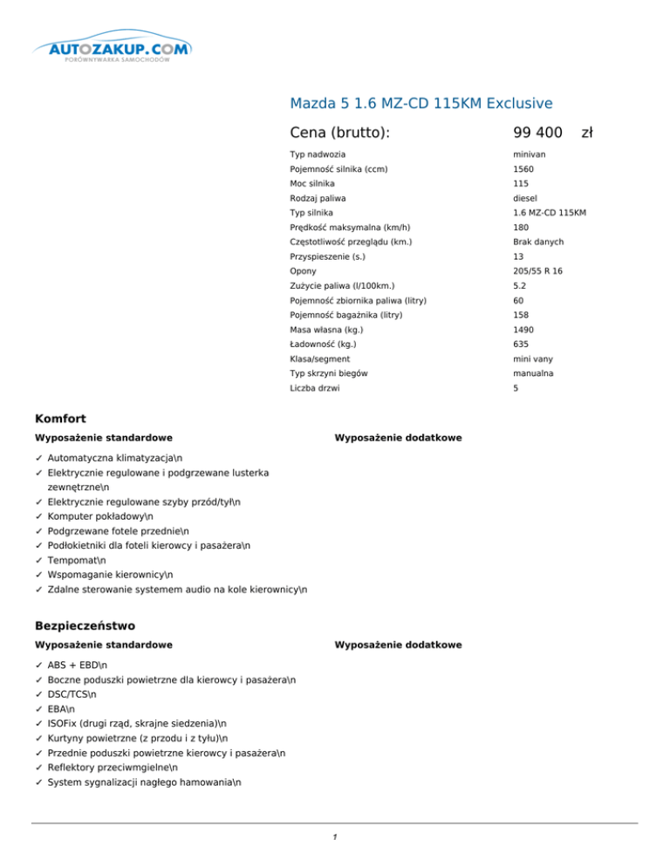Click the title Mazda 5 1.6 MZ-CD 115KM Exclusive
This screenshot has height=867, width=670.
pos(420,104)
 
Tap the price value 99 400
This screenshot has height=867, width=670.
pos(537,133)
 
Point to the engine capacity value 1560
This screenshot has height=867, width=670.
pos(523,169)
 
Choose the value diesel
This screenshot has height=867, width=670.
pos(525,198)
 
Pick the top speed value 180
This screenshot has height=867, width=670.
pos(522,228)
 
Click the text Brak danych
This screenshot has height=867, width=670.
pos(538,242)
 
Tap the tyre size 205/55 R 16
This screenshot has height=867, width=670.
pos(537,271)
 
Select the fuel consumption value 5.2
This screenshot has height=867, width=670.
pos(521,286)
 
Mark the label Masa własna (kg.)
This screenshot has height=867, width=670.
pos(326,330)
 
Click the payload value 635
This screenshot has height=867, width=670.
pos(522,345)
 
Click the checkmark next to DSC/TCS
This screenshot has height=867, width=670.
pos(38,694)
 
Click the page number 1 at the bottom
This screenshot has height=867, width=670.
pos(335,838)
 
